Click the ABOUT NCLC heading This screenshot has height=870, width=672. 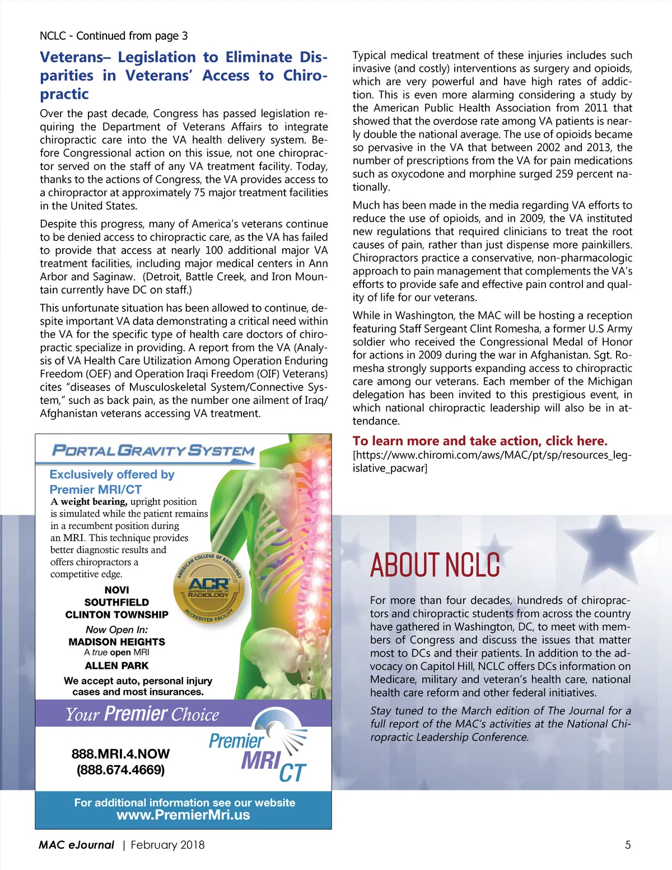click(435, 565)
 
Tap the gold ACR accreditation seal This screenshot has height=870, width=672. click(208, 588)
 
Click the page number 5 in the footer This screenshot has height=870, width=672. click(628, 845)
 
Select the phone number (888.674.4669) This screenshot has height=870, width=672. click(120, 770)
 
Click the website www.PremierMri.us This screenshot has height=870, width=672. click(183, 815)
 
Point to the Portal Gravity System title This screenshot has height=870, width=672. click(153, 450)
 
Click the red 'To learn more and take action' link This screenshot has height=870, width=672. click(479, 441)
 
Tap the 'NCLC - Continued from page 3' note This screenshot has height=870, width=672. click(114, 36)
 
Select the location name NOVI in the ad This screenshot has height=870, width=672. click(116, 590)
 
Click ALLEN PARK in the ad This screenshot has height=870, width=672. click(116, 666)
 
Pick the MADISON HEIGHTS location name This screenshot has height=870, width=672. click(116, 642)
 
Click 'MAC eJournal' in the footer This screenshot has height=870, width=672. click(76, 845)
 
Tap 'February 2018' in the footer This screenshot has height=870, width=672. click(167, 845)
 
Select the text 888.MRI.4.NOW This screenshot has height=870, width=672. click(120, 754)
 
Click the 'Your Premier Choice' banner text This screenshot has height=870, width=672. click(142, 714)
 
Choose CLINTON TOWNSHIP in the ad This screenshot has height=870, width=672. click(116, 615)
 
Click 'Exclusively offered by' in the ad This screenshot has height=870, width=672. click(112, 474)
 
